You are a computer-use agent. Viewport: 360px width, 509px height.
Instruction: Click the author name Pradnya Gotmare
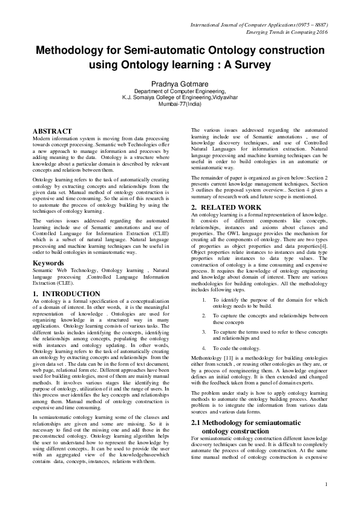coord(180,82)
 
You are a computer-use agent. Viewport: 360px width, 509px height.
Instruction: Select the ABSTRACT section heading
coord(53,131)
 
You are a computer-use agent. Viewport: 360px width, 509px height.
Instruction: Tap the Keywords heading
coord(48,264)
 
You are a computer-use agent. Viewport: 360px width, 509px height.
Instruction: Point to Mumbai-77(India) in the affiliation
coord(180,104)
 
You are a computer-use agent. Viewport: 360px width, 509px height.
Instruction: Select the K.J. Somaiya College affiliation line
coord(180,97)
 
